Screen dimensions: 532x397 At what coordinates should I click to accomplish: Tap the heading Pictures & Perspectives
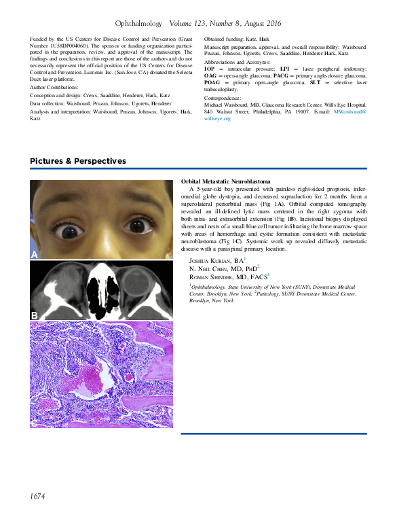coord(77,161)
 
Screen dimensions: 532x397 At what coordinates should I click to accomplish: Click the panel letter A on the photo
coord(35,254)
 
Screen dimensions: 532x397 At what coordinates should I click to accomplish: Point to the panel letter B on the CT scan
coord(34,315)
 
